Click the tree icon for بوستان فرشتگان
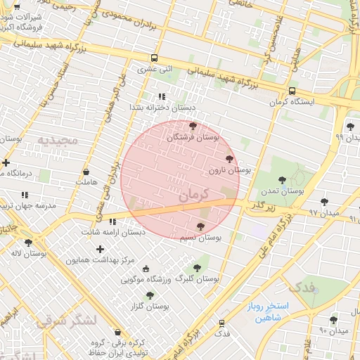click(x=193, y=126)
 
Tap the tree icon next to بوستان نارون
click(x=229, y=159)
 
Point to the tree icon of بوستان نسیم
click(x=201, y=226)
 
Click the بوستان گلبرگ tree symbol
click(x=197, y=267)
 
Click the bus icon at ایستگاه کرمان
click(x=292, y=91)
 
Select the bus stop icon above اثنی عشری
click(x=154, y=58)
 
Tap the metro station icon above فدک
click(x=222, y=323)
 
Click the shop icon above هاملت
click(x=86, y=172)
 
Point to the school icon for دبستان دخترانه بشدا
click(x=162, y=96)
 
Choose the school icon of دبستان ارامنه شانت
click(x=113, y=221)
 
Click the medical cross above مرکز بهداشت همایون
click(x=100, y=249)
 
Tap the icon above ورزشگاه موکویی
click(x=146, y=269)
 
